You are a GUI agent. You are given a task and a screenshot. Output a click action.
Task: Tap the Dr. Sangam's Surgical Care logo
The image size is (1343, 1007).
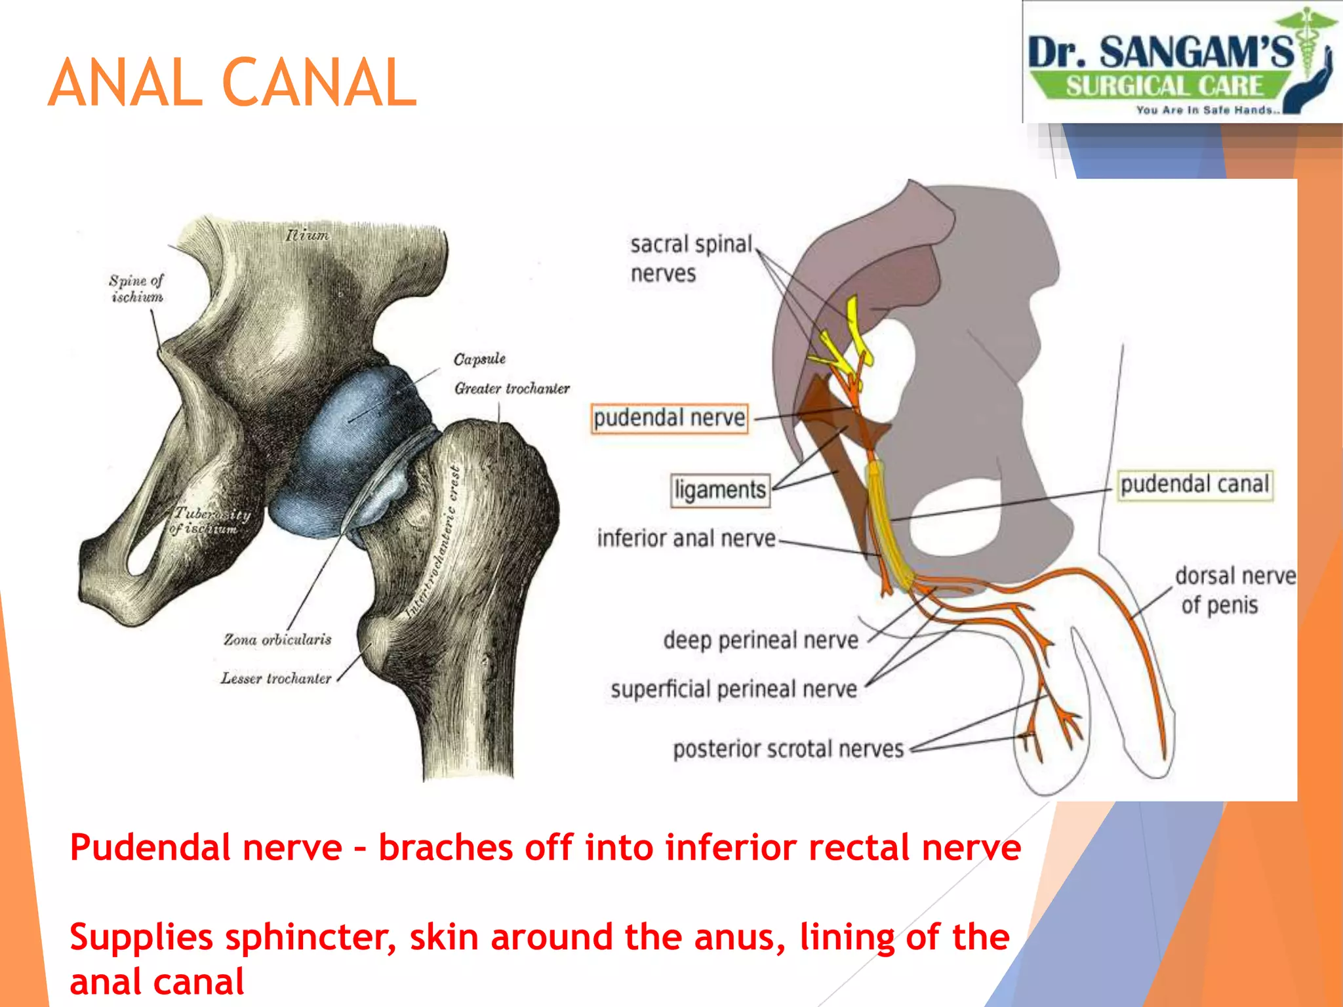pyautogui.click(x=1182, y=63)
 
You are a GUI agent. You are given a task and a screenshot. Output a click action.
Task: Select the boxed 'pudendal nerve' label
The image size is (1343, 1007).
pyautogui.click(x=669, y=418)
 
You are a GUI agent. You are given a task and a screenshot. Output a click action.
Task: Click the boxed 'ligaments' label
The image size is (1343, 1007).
pyautogui.click(x=720, y=490)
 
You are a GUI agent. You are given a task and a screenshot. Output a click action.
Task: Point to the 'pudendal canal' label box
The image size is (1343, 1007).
pyautogui.click(x=1195, y=485)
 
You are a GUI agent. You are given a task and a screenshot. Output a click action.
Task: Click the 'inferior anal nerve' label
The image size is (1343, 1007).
pyautogui.click(x=686, y=539)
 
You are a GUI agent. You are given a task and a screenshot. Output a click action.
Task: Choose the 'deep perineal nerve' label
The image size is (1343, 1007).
pyautogui.click(x=761, y=641)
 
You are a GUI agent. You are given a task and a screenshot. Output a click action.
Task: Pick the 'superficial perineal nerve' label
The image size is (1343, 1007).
pyautogui.click(x=734, y=690)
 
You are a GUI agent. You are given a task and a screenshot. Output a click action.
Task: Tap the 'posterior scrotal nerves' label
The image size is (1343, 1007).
pyautogui.click(x=788, y=749)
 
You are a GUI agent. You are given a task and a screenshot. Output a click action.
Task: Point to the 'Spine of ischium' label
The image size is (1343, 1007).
pyautogui.click(x=136, y=288)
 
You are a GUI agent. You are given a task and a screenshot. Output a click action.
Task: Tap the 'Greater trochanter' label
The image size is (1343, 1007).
pyautogui.click(x=511, y=389)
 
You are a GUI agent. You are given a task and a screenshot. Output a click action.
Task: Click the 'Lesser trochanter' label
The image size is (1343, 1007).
pyautogui.click(x=276, y=679)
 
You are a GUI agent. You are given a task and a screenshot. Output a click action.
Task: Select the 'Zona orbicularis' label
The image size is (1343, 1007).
pyautogui.click(x=277, y=639)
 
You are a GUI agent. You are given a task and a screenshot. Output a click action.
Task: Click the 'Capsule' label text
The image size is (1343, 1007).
pyautogui.click(x=479, y=359)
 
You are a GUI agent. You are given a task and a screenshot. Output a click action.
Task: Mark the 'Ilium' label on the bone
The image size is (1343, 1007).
pyautogui.click(x=307, y=235)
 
